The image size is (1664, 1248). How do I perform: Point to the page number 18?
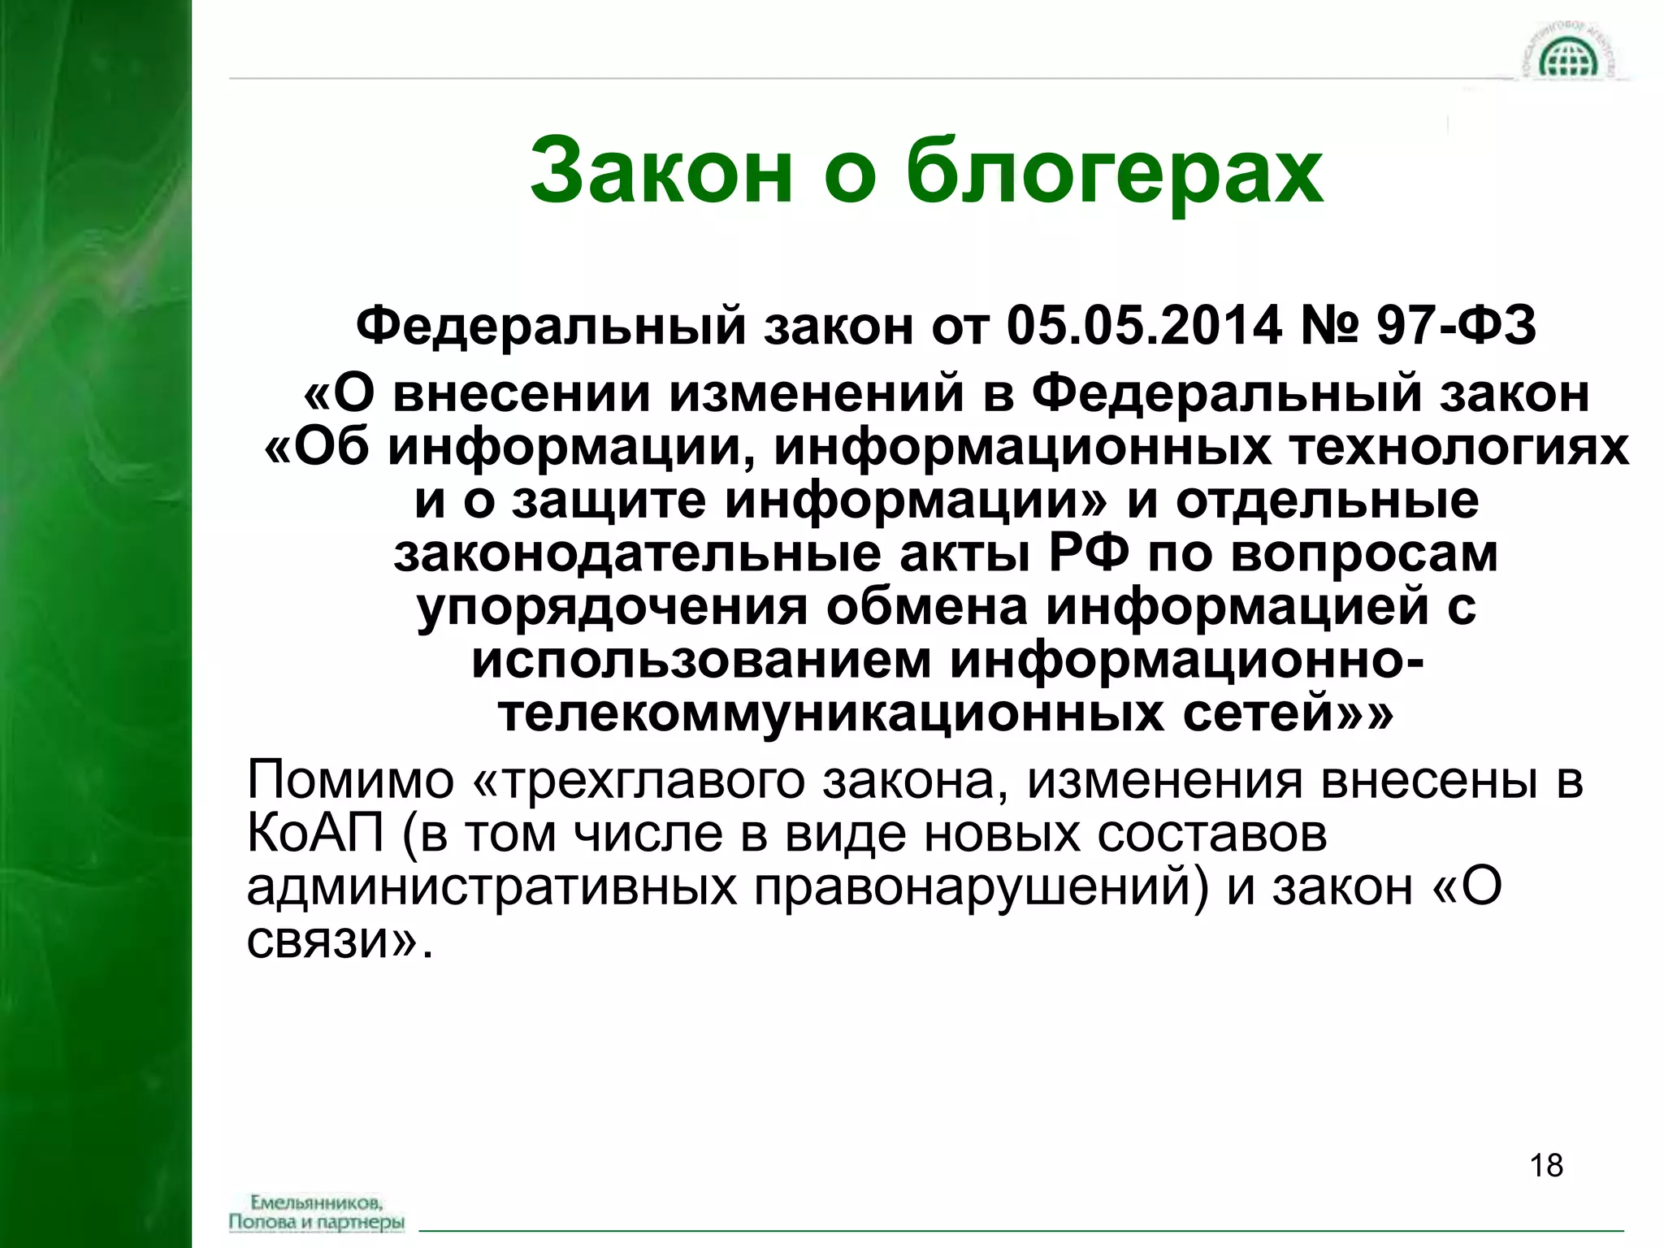coord(1546,1165)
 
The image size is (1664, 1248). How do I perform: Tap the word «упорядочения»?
coord(612,609)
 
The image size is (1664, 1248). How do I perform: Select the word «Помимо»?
coord(350,780)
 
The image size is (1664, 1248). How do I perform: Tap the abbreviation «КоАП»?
coord(314,834)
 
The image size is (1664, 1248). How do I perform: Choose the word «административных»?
coord(492,887)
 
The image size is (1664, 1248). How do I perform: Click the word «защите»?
coord(609,501)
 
